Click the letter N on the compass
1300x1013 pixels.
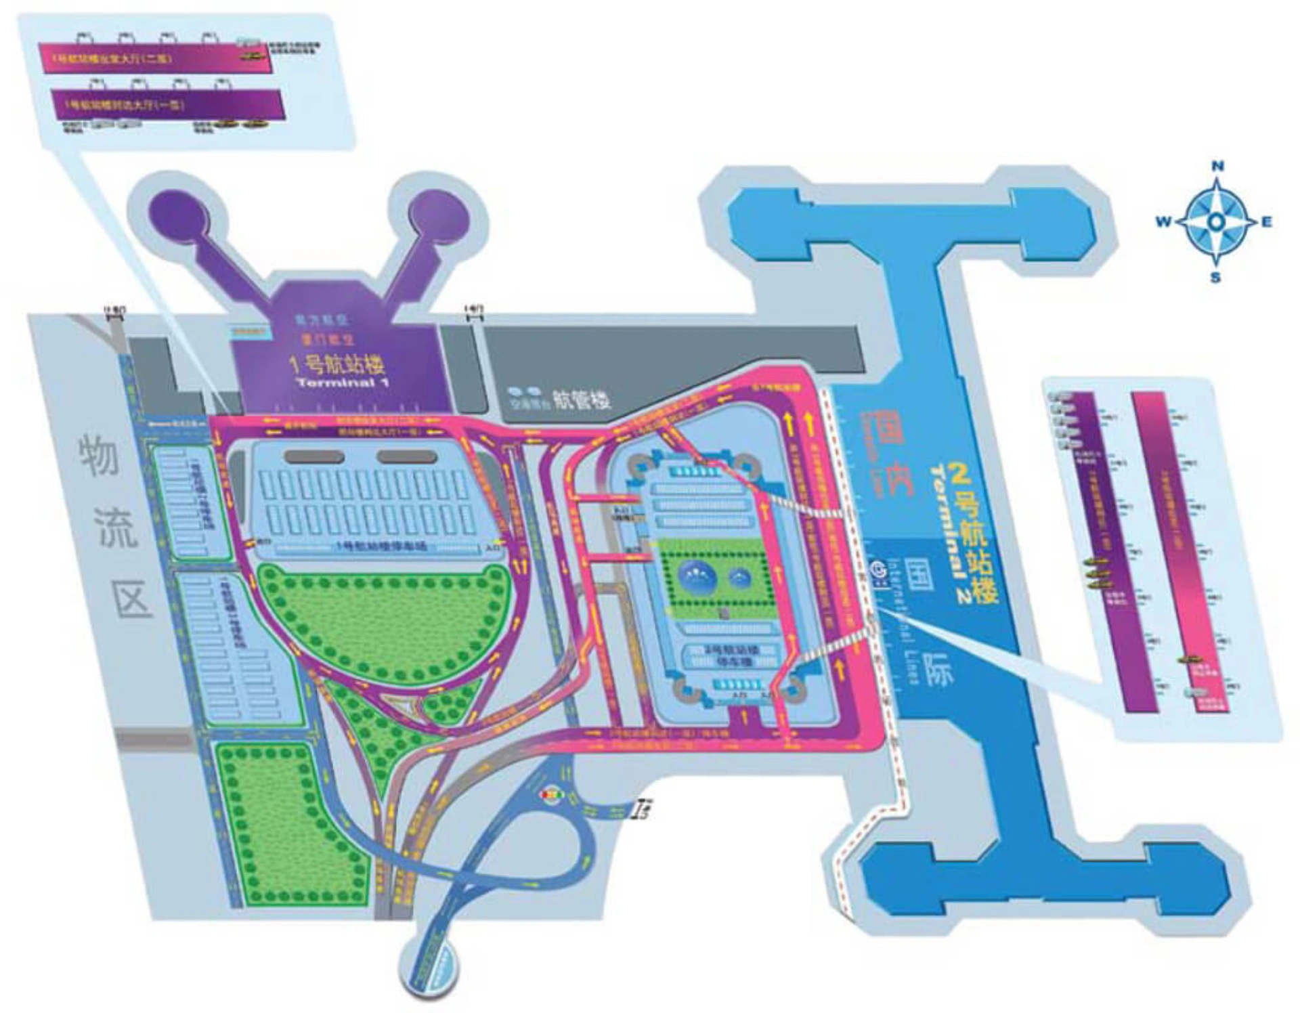coord(1217,166)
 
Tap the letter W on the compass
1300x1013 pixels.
coord(1163,221)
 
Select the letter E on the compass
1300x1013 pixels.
coord(1267,221)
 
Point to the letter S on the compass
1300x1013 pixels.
coord(1216,277)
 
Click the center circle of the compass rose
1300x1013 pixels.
coord(1216,221)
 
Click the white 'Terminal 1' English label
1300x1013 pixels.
coord(343,383)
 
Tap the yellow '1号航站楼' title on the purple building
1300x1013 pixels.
coord(337,364)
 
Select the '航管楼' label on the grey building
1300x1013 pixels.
coord(582,399)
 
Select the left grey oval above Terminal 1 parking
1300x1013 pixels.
coord(314,456)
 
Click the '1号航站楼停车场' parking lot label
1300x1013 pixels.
coord(381,546)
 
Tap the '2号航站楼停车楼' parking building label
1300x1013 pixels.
coord(722,655)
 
